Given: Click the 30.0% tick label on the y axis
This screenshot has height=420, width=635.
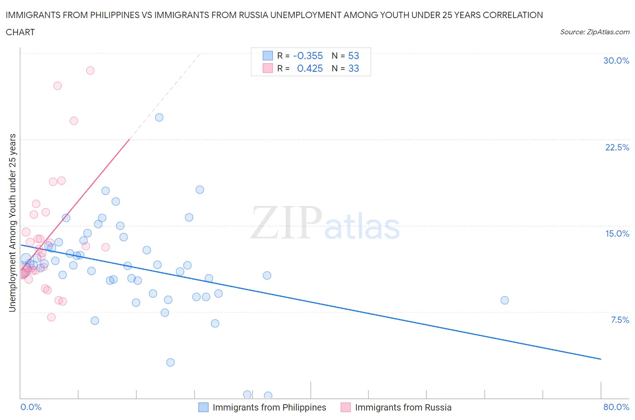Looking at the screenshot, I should (616, 61).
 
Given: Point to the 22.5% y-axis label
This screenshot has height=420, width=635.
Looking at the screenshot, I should (617, 147).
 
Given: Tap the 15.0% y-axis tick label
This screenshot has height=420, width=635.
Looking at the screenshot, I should (617, 233).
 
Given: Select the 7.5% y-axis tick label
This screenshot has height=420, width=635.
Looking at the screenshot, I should (620, 320).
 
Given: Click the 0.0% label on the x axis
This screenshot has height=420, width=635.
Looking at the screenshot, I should (31, 407).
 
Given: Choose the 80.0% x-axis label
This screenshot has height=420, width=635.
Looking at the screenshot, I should (616, 407).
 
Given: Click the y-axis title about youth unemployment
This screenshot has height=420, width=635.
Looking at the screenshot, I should (12, 223).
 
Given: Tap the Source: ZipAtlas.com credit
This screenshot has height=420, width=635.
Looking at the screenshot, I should (594, 32).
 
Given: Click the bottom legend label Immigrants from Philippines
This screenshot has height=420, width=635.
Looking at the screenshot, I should (269, 407).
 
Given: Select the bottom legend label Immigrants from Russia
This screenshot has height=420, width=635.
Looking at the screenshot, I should (403, 407).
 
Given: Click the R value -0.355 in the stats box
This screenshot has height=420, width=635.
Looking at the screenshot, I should (308, 56).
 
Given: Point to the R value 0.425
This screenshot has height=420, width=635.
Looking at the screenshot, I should (310, 68).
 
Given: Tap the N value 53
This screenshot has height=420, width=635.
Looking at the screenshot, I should (353, 56).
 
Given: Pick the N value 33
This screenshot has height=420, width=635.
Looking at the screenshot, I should (353, 68).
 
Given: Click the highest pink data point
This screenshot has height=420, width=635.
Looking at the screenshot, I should (90, 70).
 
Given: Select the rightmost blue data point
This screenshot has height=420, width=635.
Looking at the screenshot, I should (504, 300).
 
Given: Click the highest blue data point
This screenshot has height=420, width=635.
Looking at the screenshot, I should (159, 117).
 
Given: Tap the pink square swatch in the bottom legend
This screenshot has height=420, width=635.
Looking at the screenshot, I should (346, 407).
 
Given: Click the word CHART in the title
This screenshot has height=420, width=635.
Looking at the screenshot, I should (20, 32).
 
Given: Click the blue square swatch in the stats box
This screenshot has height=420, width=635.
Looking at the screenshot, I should (268, 56).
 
